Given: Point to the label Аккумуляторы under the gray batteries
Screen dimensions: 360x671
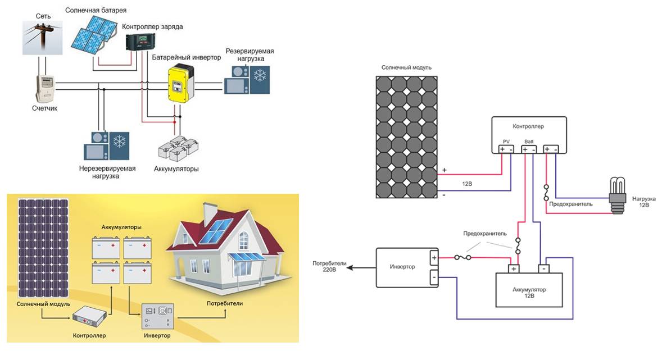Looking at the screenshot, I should click(176, 168).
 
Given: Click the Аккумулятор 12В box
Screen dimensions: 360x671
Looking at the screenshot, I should click(529, 289).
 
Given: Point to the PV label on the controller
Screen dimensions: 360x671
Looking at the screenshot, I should click(506, 142).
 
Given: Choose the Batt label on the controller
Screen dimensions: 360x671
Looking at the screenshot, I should click(529, 142).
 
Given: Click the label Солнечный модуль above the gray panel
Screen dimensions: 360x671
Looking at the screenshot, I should click(406, 67).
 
